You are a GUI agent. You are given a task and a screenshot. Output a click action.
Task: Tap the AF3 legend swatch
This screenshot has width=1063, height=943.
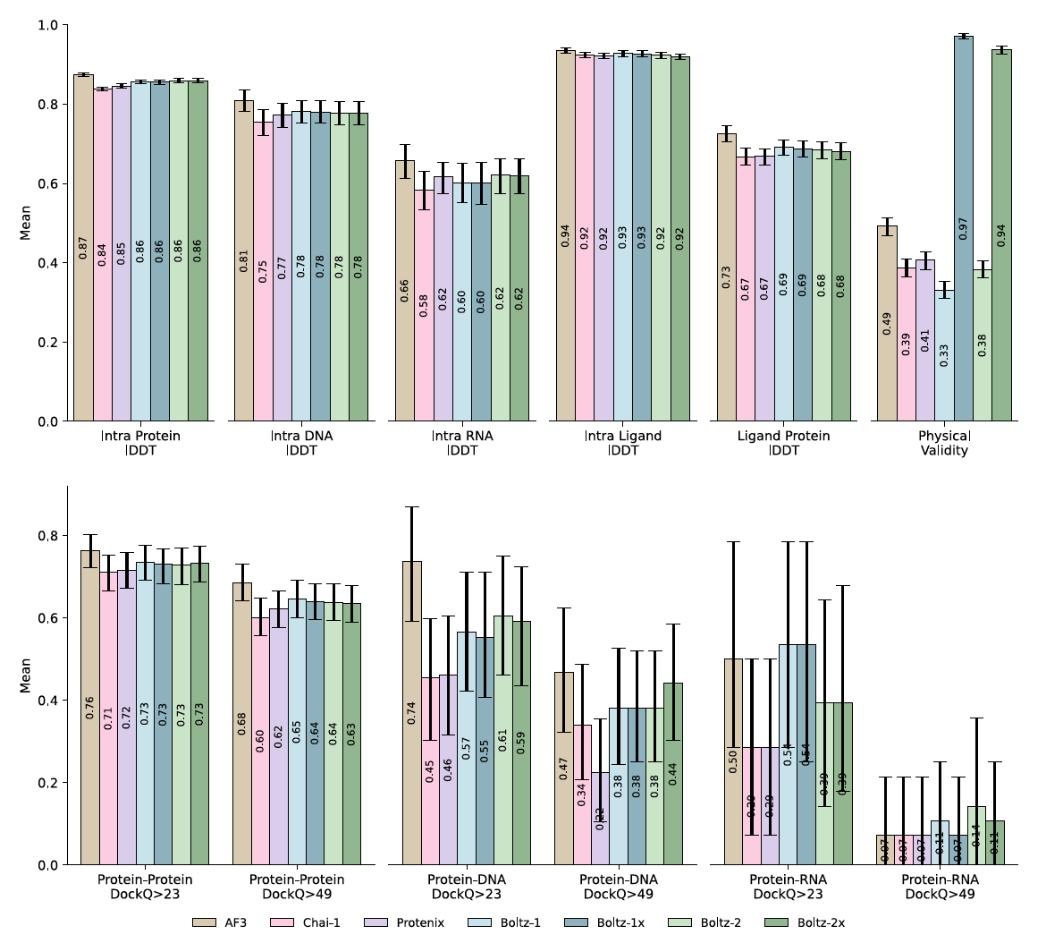click(205, 922)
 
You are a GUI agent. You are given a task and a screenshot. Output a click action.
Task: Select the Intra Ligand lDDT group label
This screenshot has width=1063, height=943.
click(623, 443)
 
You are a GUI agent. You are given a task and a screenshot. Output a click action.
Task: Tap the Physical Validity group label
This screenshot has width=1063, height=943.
click(944, 443)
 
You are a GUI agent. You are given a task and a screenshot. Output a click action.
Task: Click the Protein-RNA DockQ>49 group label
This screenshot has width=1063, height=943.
click(941, 887)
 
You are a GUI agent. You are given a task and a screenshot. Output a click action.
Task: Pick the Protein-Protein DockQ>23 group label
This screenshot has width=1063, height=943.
click(145, 887)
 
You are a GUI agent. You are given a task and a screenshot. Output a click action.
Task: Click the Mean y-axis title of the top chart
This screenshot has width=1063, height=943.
click(25, 223)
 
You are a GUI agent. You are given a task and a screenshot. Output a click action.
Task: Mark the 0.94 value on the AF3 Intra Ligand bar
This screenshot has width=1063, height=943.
click(566, 235)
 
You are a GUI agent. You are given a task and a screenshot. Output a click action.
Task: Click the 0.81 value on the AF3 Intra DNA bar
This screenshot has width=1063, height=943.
click(244, 260)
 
